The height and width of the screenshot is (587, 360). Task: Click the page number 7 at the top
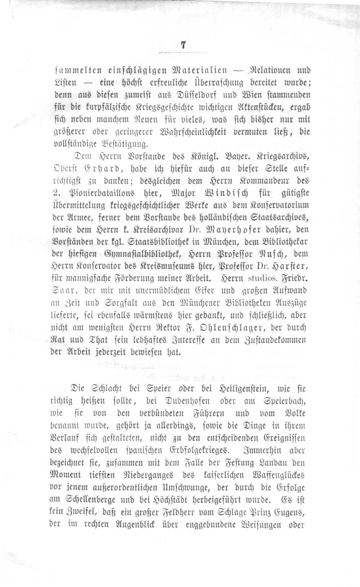click(183, 46)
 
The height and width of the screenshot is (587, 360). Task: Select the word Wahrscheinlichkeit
click(190, 132)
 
